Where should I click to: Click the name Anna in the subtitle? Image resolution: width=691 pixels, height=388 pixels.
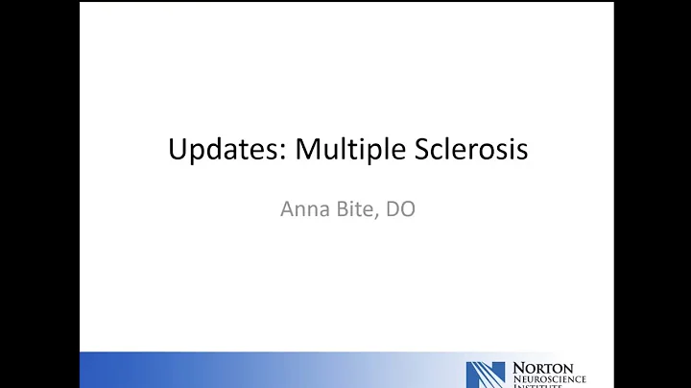[302, 208]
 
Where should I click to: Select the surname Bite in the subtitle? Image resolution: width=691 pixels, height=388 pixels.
[356, 208]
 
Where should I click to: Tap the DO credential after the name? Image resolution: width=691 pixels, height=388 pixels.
[401, 208]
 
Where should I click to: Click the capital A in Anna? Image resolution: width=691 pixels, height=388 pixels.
[286, 208]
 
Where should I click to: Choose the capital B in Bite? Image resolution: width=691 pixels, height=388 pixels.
[343, 208]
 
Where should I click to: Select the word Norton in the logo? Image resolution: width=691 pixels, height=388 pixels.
[542, 367]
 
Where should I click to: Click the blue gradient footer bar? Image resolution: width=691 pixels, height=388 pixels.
[240, 370]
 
